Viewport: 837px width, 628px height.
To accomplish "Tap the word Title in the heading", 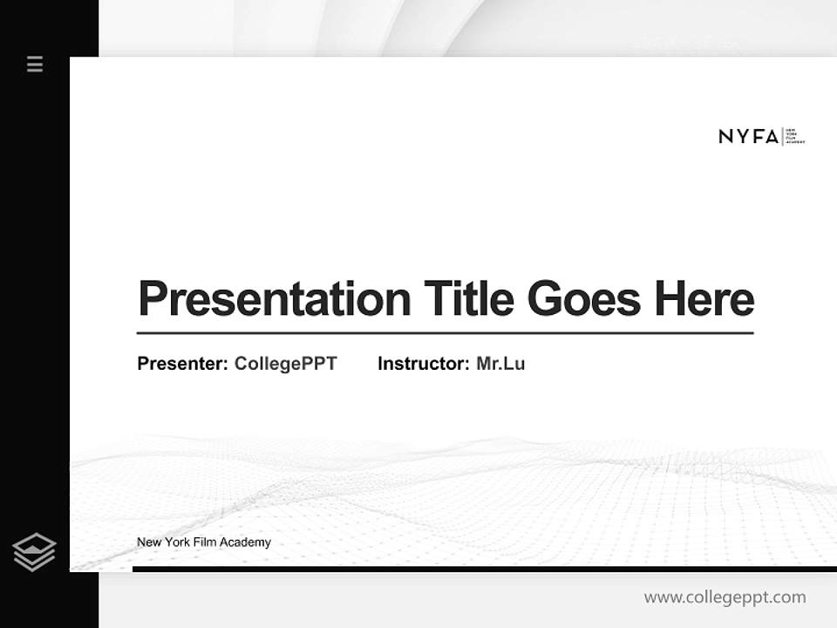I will tap(469, 299).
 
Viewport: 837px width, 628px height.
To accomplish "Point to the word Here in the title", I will tap(704, 299).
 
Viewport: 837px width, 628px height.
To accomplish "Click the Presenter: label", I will tap(183, 364).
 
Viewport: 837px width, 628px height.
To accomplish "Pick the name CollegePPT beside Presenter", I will tap(285, 364).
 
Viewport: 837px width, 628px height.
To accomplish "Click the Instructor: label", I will tap(423, 364).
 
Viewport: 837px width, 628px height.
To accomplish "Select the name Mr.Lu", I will tap(500, 364).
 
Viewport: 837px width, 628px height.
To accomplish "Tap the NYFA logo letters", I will tap(748, 136).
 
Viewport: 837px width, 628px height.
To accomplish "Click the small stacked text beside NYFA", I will tap(795, 136).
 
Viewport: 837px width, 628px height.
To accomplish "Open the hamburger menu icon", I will tap(35, 64).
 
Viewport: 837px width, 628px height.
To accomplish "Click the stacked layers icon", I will tap(34, 552).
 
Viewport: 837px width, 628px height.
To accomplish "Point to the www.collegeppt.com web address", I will tap(725, 597).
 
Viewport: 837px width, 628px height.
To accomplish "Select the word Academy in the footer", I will tap(245, 543).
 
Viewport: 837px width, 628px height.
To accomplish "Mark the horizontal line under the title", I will tap(445, 333).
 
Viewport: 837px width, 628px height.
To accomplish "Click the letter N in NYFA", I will tap(725, 136).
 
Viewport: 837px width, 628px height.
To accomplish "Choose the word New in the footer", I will tap(148, 543).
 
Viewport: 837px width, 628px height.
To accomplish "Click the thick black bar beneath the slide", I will tap(484, 569).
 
